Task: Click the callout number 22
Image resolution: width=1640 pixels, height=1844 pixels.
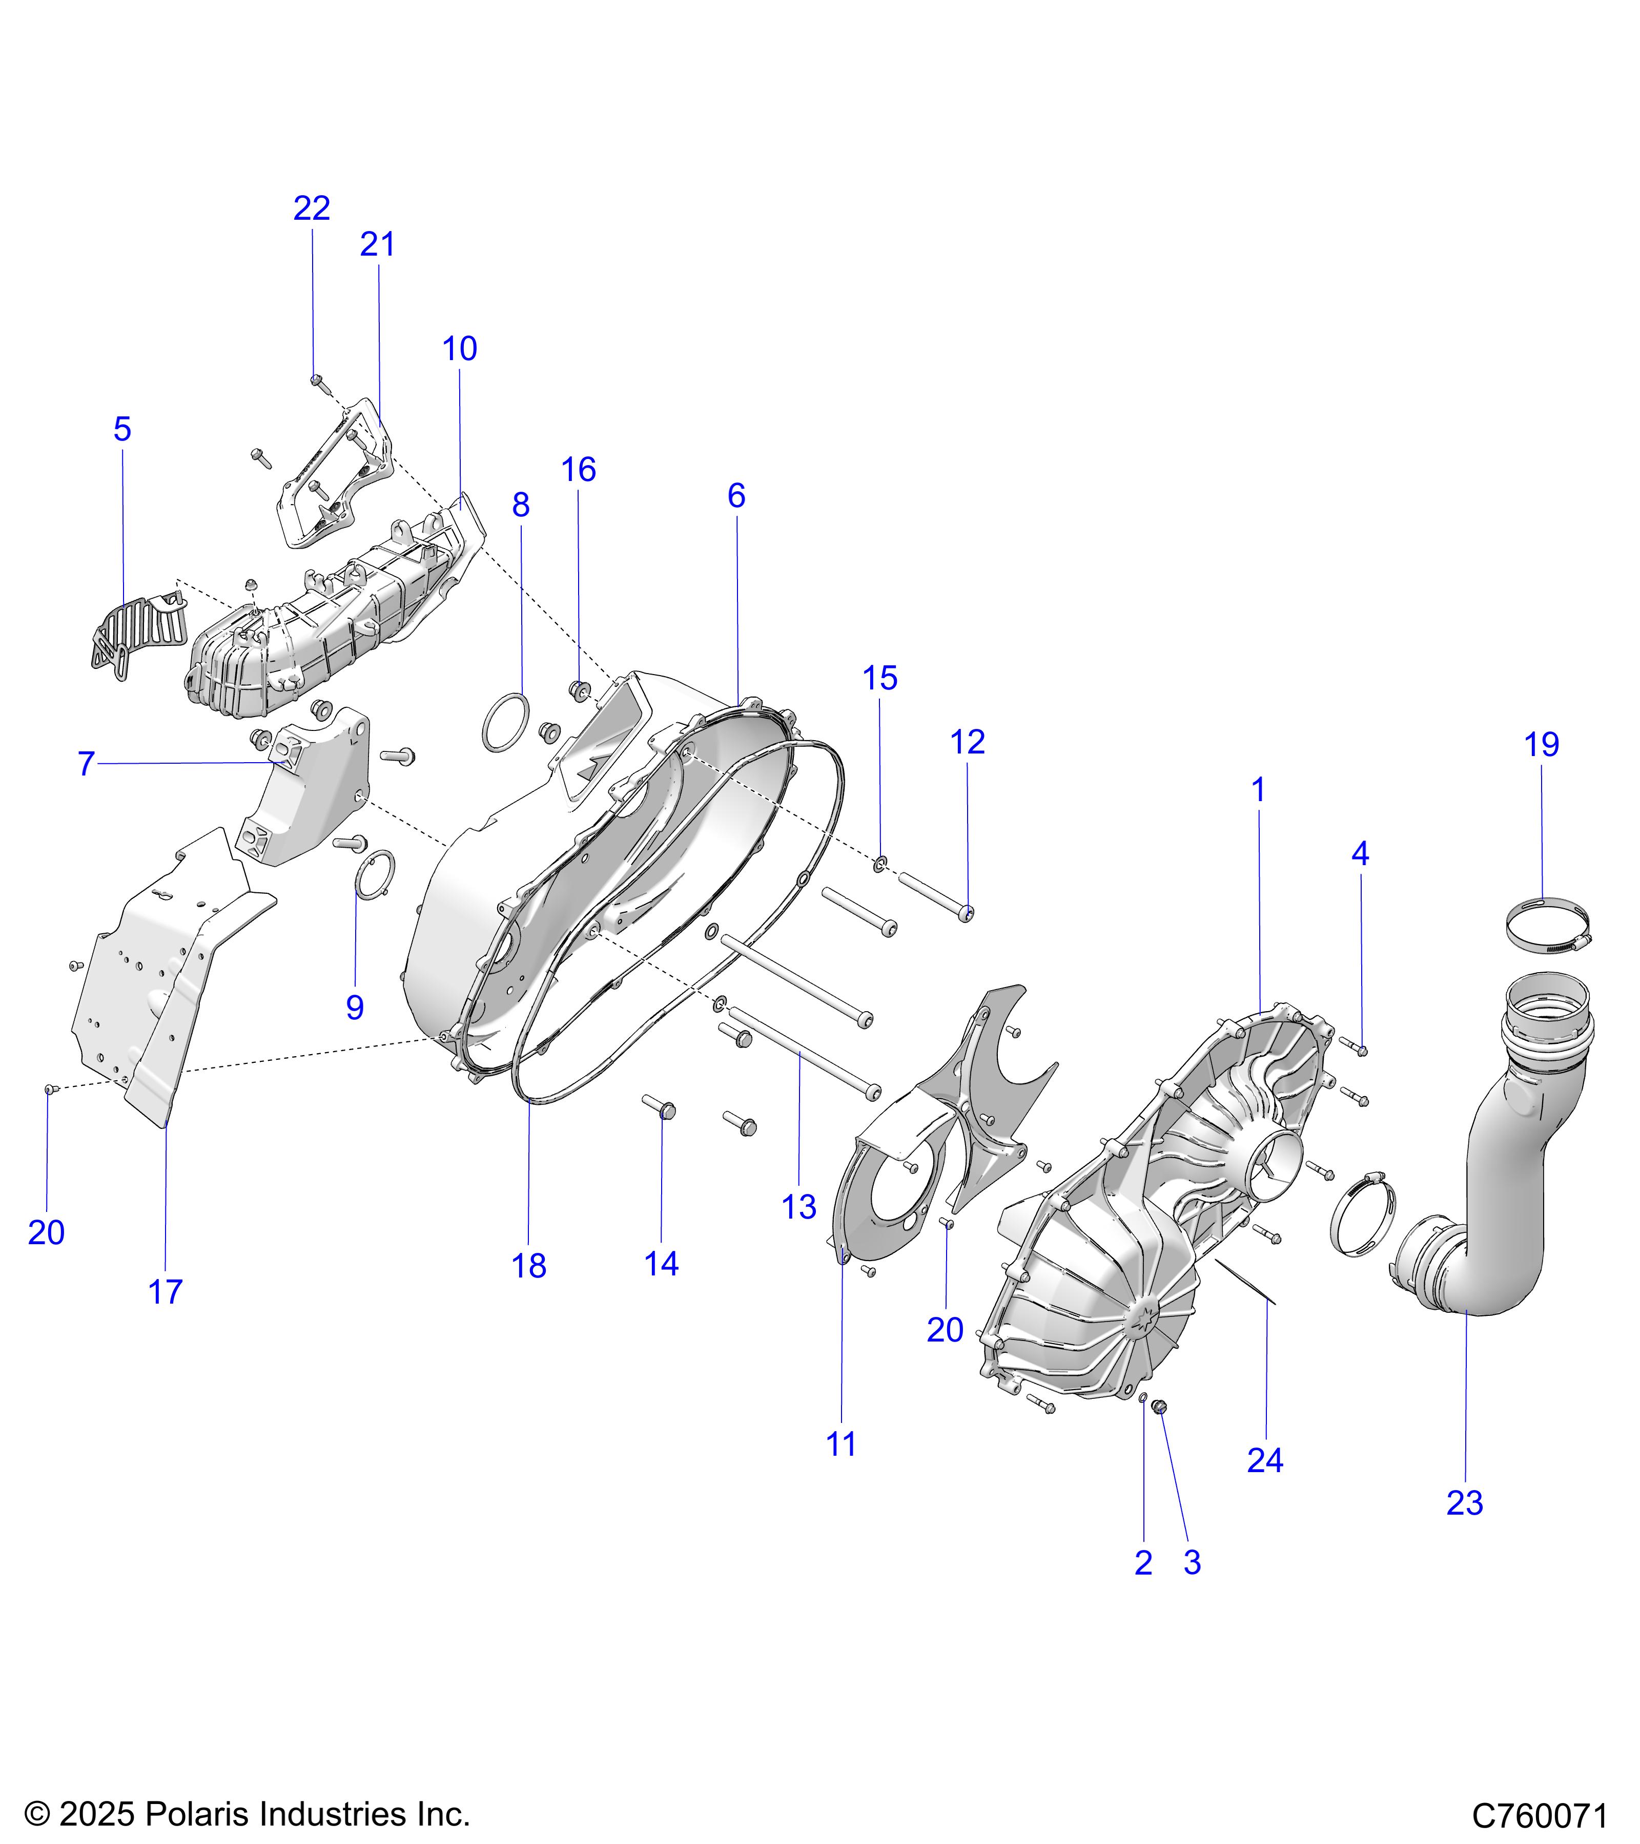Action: (312, 208)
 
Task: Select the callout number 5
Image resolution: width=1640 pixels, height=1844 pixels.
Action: (123, 429)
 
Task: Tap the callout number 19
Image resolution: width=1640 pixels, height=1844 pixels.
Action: (1541, 745)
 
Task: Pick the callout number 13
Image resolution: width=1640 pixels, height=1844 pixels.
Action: (799, 1207)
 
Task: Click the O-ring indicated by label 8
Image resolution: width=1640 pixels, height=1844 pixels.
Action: (505, 722)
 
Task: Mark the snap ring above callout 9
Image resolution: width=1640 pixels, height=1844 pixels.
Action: (376, 873)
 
